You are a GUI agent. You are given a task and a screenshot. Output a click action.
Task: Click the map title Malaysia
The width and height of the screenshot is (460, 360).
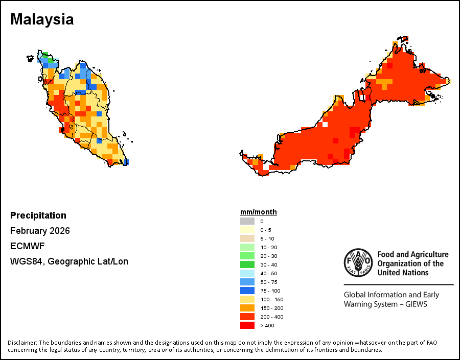tap(42, 20)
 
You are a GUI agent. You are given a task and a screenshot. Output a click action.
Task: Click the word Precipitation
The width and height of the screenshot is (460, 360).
tap(38, 215)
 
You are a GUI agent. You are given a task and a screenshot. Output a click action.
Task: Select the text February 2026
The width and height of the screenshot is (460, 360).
tap(40, 231)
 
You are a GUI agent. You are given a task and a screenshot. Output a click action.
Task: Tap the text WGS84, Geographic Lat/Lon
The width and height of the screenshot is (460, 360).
tap(69, 261)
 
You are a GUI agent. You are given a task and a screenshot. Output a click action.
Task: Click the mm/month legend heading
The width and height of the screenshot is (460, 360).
tap(259, 212)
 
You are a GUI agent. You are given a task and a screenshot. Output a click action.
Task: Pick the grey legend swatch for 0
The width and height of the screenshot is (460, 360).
tap(247, 221)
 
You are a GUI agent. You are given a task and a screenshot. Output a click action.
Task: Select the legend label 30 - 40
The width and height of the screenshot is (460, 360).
tap(270, 265)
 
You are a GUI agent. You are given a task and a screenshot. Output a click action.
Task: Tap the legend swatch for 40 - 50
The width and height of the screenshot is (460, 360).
tap(247, 273)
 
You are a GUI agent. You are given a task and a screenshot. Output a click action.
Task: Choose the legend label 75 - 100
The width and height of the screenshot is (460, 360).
tap(270, 291)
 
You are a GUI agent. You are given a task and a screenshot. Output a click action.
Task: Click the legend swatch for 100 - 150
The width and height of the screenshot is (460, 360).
tap(247, 299)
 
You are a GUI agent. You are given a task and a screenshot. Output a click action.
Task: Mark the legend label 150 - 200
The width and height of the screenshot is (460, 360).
tap(271, 308)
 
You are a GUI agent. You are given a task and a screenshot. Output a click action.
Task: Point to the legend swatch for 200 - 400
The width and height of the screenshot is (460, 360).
tap(247, 317)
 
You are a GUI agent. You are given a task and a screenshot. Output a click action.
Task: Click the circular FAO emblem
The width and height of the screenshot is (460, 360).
tap(358, 263)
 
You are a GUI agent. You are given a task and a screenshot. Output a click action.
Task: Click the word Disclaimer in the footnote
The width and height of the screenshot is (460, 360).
tap(21, 342)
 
